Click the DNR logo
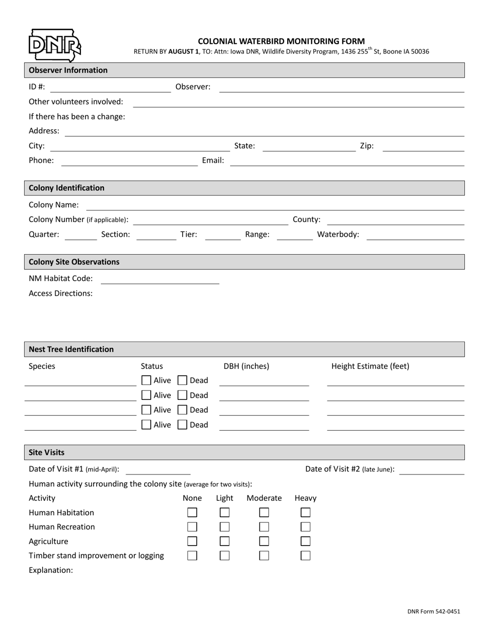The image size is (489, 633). coord(54,45)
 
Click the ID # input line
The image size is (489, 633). coord(110,88)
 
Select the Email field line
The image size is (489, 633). coord(346,161)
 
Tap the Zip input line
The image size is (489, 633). coord(424,147)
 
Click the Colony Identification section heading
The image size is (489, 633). coord(66,188)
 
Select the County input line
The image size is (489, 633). coord(395,220)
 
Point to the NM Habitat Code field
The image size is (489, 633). coord(160,279)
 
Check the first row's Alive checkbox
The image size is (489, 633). coord(146,380)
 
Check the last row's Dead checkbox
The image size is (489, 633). coord(182,425)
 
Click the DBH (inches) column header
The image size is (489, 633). coord(246,366)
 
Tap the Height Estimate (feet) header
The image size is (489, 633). coord(370,366)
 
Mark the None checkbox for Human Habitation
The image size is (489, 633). coord(192,513)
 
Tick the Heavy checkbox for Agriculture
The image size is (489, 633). coord(305,541)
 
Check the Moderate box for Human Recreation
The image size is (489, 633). coord(264,527)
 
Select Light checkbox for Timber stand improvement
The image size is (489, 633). coord(224,556)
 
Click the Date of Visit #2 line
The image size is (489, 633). coord(431,470)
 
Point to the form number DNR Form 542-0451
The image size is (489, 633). coord(433,612)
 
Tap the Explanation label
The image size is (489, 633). coord(51,570)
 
